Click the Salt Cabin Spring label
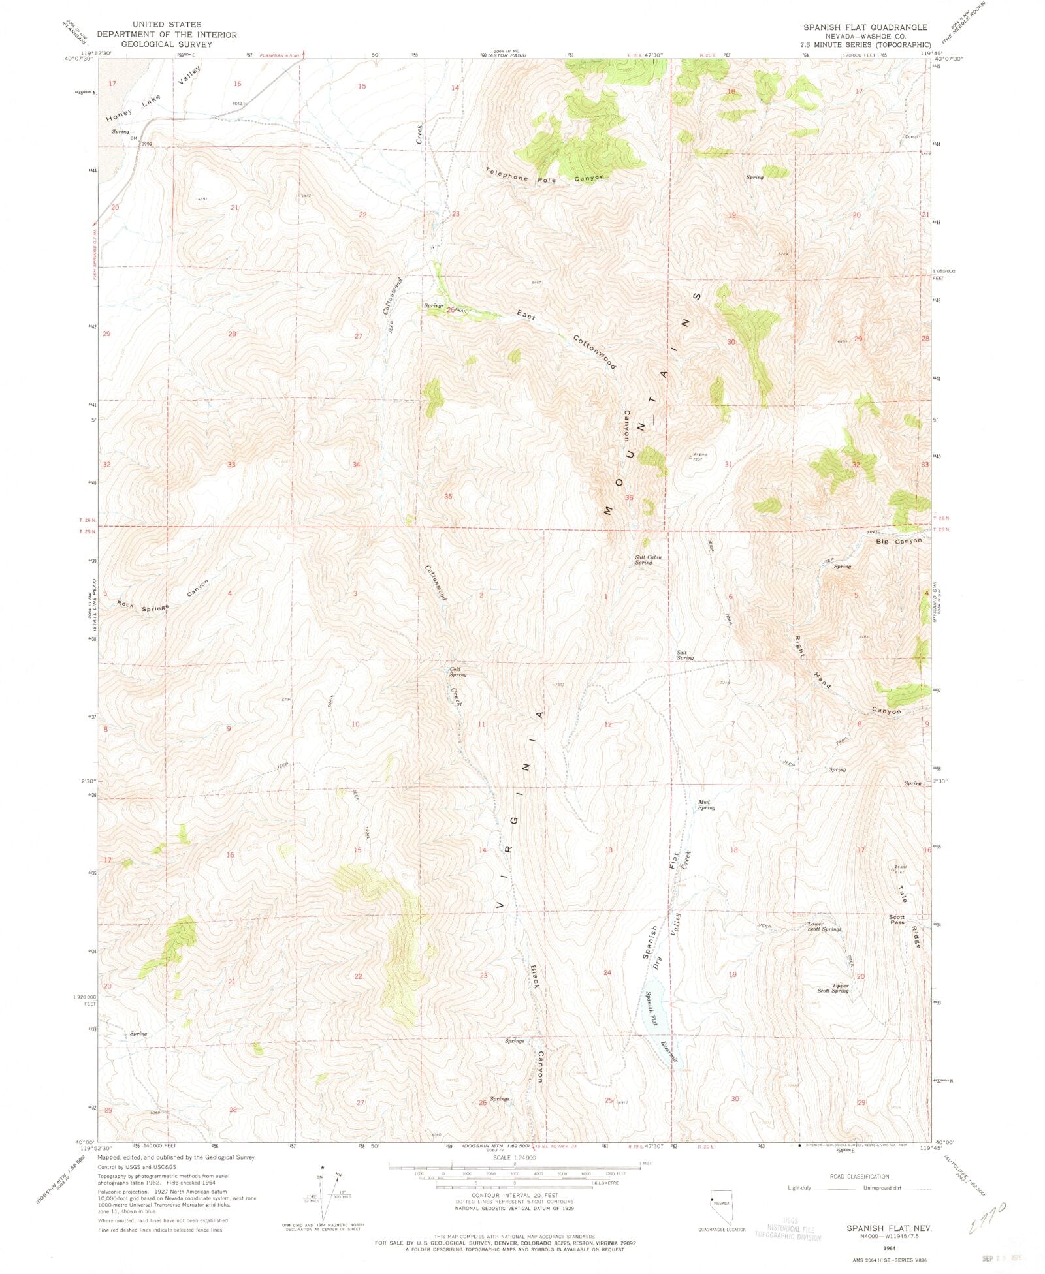648,559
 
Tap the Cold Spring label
457,672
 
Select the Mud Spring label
706,805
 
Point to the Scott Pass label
897,920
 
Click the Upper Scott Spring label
833,988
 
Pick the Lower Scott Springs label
824,926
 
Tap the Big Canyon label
899,541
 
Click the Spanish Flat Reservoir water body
654,1012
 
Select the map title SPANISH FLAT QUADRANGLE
865,27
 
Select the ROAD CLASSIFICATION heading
859,1177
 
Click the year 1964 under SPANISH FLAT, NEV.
889,1247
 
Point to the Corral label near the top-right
910,136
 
